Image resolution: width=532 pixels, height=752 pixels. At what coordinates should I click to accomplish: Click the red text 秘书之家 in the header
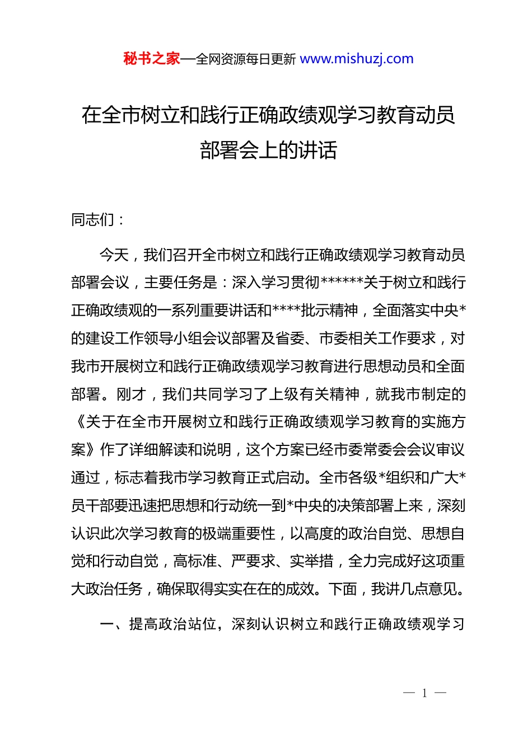tap(151, 59)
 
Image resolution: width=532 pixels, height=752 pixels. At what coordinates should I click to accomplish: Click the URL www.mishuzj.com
tap(357, 59)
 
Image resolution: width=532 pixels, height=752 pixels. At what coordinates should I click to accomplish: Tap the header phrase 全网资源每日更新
tap(246, 59)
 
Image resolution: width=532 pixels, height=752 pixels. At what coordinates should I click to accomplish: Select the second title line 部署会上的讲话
tap(268, 150)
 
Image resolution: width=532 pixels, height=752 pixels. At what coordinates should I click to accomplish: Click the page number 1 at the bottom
tap(424, 693)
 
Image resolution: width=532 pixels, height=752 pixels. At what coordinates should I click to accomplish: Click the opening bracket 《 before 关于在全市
tap(78, 422)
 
